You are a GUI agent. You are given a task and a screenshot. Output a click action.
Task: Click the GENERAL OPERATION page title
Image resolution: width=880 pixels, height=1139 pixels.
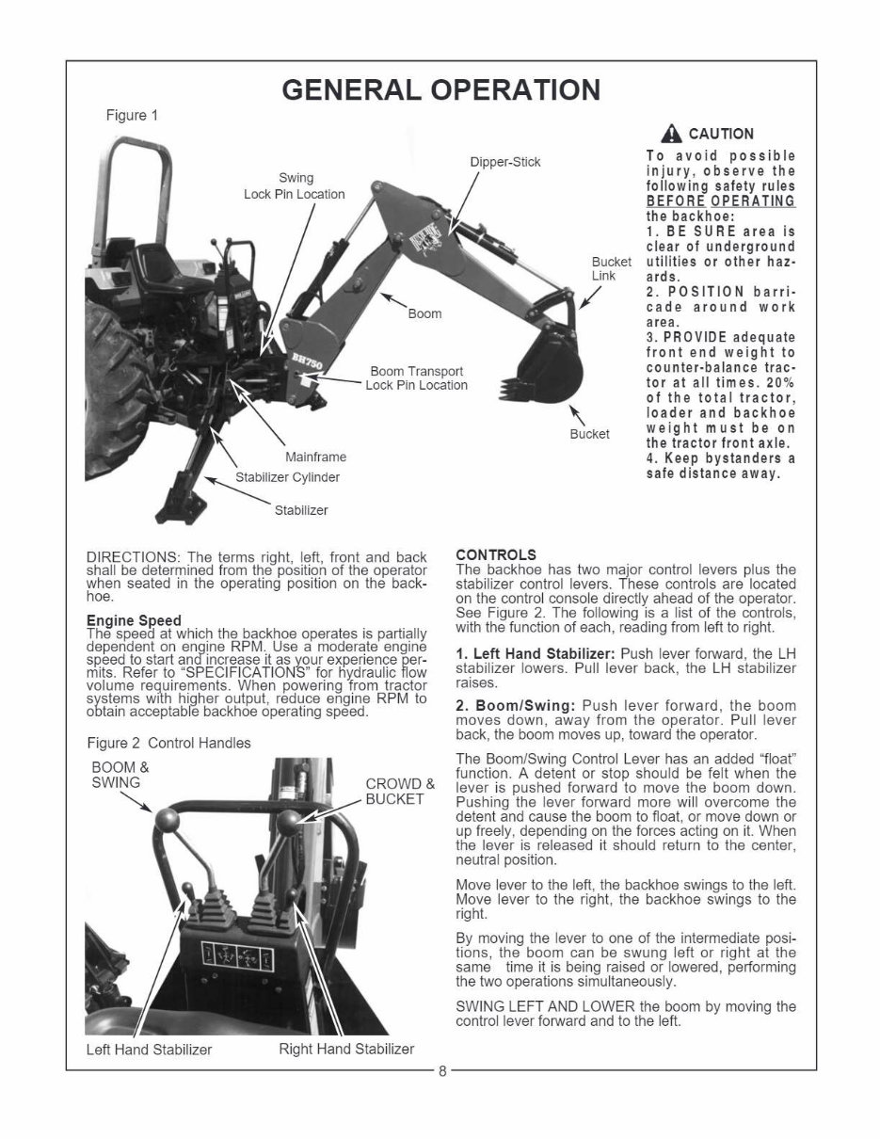440,89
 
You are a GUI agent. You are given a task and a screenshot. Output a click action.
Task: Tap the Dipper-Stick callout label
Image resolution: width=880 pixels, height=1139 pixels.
505,162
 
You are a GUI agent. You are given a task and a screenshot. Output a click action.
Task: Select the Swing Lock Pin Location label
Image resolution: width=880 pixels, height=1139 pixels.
295,186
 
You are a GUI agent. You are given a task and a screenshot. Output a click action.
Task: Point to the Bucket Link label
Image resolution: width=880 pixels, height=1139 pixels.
604,268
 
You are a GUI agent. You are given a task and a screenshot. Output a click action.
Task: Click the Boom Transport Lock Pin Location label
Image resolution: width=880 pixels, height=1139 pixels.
416,378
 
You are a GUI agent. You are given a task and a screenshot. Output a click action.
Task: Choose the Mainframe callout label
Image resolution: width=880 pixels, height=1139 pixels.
315,457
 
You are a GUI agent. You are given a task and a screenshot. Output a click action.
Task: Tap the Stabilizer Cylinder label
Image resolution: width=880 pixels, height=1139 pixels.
287,477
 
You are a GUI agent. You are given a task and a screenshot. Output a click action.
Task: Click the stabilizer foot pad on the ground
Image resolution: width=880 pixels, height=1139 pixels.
174,500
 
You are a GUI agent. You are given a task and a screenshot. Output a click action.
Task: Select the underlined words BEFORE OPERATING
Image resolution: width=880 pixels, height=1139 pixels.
720,201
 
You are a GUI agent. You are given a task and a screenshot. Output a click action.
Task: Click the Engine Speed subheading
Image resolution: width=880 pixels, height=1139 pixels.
134,621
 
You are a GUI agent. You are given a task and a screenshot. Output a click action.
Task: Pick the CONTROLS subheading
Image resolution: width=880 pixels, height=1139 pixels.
495,554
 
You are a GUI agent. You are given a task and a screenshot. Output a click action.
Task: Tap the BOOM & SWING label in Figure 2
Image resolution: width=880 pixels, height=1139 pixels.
120,775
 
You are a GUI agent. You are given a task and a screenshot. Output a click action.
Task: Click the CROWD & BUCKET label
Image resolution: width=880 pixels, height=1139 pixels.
400,792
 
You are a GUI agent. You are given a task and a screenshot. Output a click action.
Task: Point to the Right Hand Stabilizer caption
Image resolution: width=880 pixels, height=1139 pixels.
346,1049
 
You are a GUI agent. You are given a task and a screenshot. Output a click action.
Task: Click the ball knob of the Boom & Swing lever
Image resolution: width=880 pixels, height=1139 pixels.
166,819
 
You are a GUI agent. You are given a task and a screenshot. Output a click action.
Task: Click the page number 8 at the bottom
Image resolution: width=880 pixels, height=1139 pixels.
440,1070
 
